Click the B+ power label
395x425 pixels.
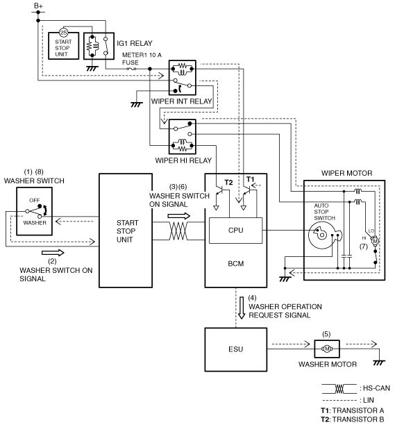coord(38,6)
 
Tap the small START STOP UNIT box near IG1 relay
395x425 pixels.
coord(63,46)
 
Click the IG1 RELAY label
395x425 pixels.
coord(135,43)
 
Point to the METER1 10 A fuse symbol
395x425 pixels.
coord(131,69)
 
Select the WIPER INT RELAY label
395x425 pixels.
coord(181,101)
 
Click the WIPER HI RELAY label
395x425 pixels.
coord(183,160)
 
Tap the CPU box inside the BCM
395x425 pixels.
coord(236,231)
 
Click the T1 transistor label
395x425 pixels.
coord(251,179)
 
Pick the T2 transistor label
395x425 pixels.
coord(228,183)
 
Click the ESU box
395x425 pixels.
coord(236,349)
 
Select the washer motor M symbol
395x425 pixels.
coord(327,349)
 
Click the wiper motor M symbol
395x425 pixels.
coord(375,241)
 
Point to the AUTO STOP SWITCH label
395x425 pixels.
coord(325,212)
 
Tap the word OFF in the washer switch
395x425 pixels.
coord(35,200)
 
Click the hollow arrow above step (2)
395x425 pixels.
coord(53,253)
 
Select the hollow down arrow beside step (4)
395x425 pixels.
coord(242,308)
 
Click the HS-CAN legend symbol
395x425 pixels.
coord(339,389)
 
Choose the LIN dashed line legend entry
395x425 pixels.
coord(339,400)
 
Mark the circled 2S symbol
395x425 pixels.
coord(63,33)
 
